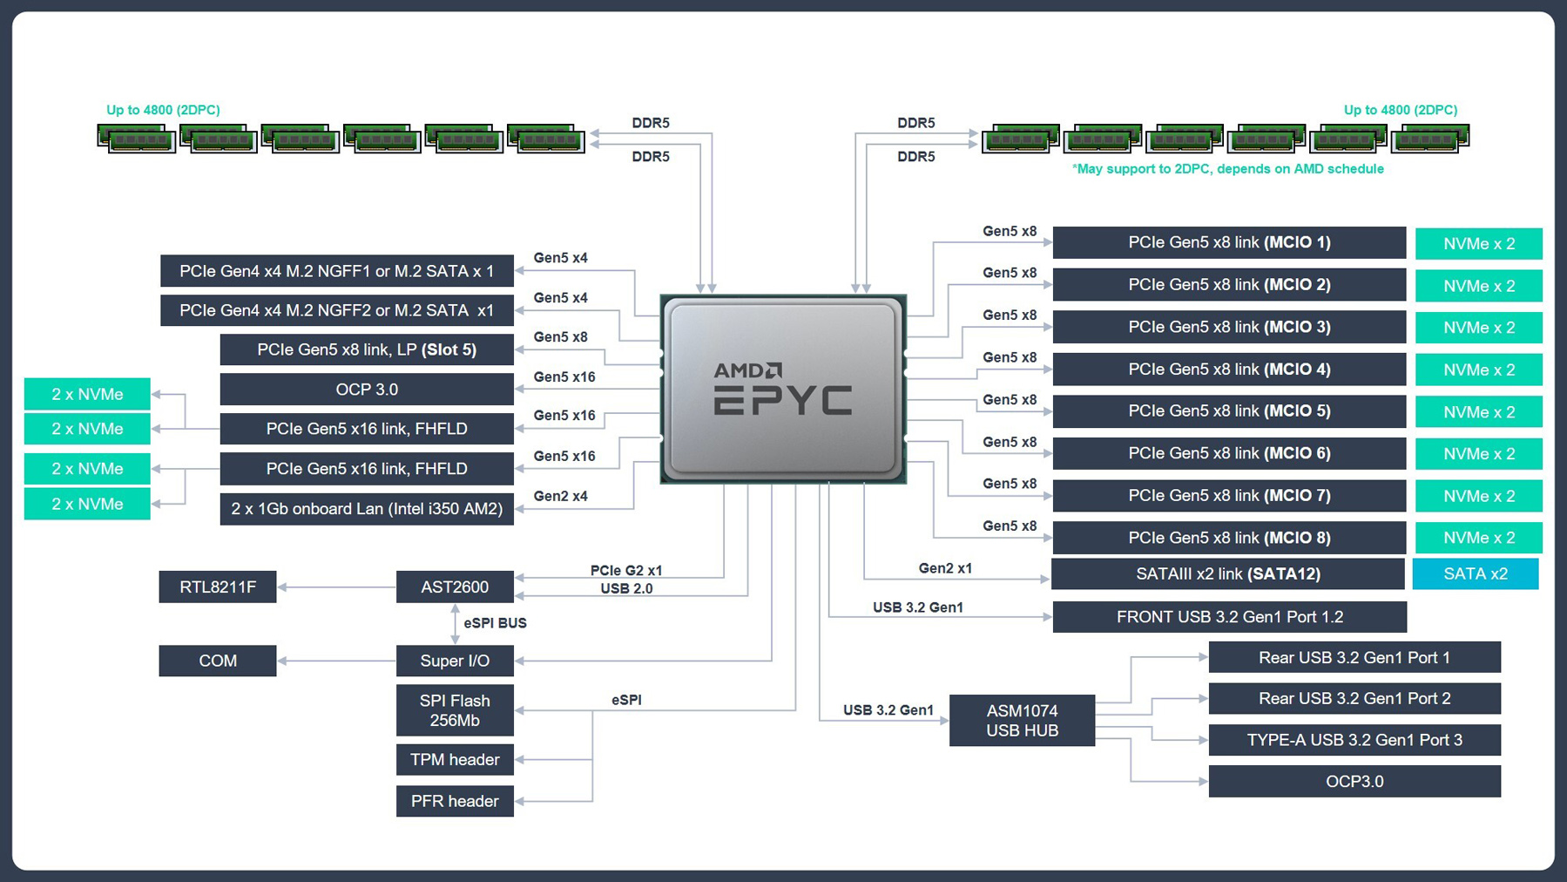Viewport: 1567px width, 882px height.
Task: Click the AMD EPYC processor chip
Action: [x=783, y=389]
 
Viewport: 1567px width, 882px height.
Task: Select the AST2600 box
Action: [x=455, y=587]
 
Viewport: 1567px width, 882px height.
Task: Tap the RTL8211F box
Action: [x=218, y=587]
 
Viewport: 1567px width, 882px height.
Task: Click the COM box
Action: [x=218, y=661]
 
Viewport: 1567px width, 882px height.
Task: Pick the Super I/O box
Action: [x=455, y=661]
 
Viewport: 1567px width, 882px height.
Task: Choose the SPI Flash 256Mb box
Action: [x=455, y=710]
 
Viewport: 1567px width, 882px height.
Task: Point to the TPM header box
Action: [x=455, y=759]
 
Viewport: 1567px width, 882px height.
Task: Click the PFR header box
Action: [x=455, y=801]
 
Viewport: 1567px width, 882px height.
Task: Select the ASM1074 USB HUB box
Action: [x=1022, y=720]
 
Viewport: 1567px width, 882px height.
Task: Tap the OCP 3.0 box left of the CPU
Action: [x=367, y=390]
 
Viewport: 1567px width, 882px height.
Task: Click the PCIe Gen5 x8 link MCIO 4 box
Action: [x=1229, y=369]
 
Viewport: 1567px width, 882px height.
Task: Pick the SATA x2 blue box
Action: [x=1476, y=573]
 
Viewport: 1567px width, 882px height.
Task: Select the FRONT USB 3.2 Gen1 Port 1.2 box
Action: [x=1229, y=617]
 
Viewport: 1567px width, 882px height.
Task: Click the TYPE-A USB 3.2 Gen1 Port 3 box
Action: [x=1354, y=740]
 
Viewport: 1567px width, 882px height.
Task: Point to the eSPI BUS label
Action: [x=495, y=623]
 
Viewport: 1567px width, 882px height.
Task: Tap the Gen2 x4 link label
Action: [x=560, y=496]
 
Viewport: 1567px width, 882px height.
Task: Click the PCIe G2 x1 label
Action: [x=626, y=570]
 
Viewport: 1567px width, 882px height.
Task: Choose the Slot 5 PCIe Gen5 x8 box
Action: [x=367, y=349]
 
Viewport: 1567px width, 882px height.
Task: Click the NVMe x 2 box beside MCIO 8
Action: [x=1479, y=538]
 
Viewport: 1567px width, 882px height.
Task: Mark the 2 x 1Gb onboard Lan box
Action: [x=367, y=509]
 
